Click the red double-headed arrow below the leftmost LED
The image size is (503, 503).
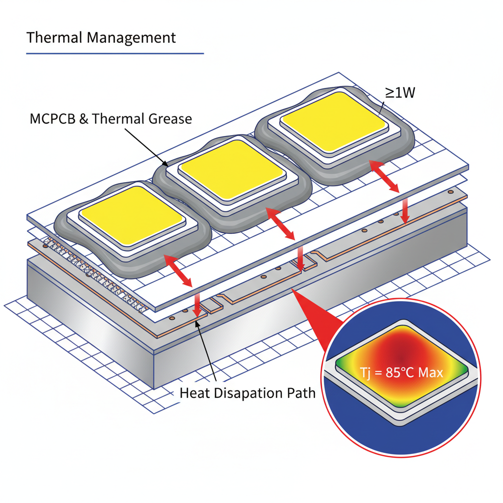click(x=178, y=271)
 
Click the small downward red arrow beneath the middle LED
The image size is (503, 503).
click(x=300, y=256)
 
